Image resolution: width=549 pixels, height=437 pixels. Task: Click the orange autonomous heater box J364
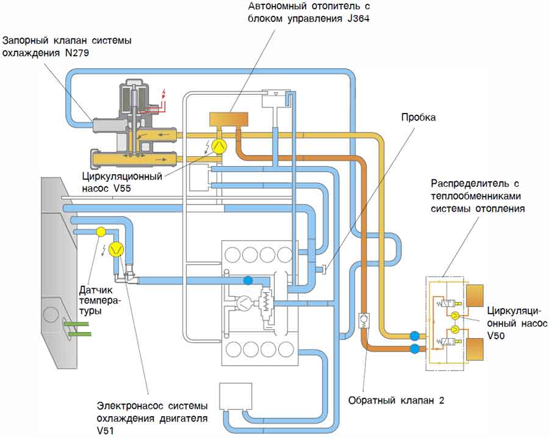pos(226,119)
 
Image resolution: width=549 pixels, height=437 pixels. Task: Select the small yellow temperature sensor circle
pos(101,231)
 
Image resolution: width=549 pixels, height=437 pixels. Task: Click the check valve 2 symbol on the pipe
pos(363,319)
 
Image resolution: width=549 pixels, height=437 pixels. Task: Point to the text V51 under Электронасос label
pos(107,430)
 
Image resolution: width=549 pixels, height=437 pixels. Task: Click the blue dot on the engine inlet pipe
pos(248,280)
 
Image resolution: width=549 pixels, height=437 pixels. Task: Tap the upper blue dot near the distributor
pos(415,335)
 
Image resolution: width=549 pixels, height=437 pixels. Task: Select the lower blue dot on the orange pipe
pos(415,349)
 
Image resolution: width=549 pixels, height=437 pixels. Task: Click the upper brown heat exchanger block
pos(476,296)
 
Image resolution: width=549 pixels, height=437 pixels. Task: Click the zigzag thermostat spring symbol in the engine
pos(267,300)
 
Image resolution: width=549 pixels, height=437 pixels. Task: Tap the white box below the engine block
pos(235,396)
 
